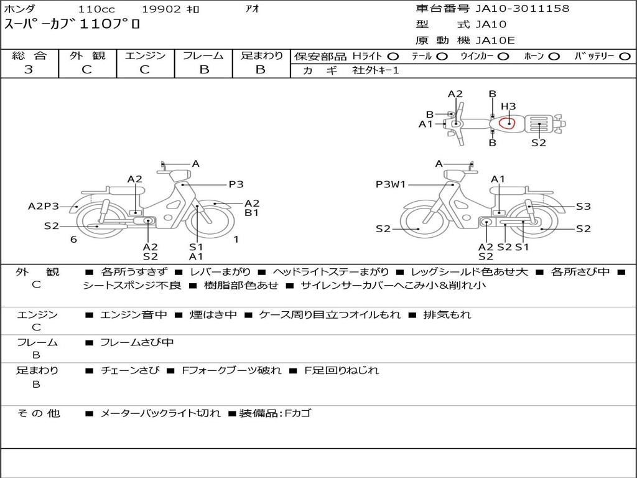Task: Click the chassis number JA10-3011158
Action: pyautogui.click(x=523, y=9)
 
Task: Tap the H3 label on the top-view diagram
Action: pyautogui.click(x=508, y=106)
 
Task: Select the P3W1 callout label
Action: pyautogui.click(x=391, y=184)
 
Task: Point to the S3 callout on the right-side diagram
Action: pyautogui.click(x=584, y=207)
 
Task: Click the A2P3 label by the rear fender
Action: pyautogui.click(x=44, y=207)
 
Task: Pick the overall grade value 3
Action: pyautogui.click(x=29, y=70)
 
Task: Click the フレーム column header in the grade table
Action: pyautogui.click(x=203, y=55)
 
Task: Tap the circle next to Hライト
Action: pyautogui.click(x=393, y=57)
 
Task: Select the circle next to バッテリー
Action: pyautogui.click(x=625, y=57)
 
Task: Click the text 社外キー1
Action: pyautogui.click(x=376, y=70)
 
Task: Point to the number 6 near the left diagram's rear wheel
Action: pyautogui.click(x=73, y=240)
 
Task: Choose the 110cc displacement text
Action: pyautogui.click(x=96, y=9)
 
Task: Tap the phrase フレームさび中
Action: pyautogui.click(x=137, y=343)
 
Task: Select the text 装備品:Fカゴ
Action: pyautogui.click(x=275, y=413)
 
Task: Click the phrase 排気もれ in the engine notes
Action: pyautogui.click(x=447, y=314)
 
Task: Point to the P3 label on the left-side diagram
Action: pyautogui.click(x=236, y=184)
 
